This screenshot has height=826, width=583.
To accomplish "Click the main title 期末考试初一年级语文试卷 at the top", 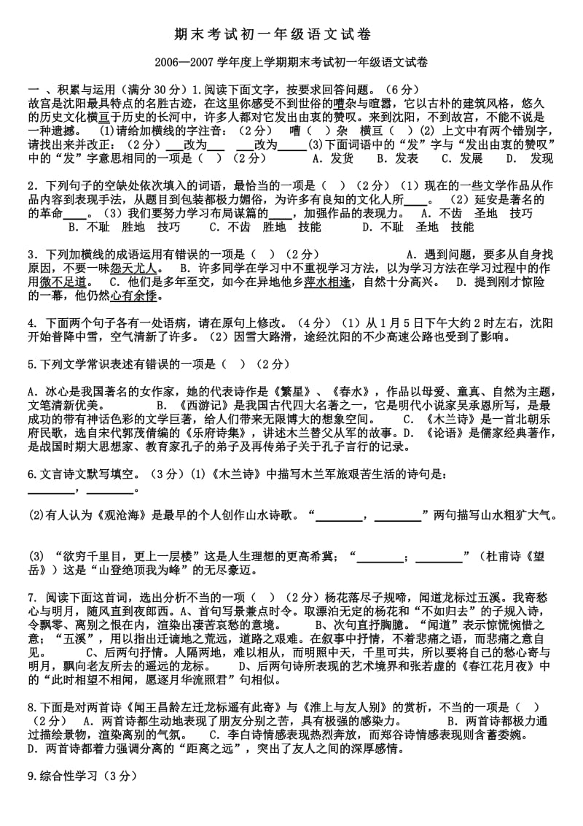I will point(291,34).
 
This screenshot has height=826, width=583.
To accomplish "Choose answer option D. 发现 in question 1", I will point(529,158).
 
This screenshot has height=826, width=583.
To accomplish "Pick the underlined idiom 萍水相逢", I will point(327,282).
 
